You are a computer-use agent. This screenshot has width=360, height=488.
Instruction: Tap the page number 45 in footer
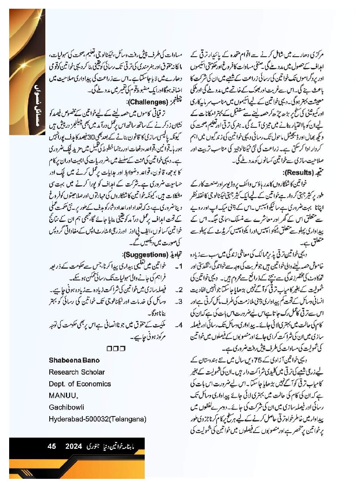click(x=52, y=447)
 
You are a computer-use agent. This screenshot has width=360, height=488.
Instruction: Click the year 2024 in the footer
click(x=74, y=447)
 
